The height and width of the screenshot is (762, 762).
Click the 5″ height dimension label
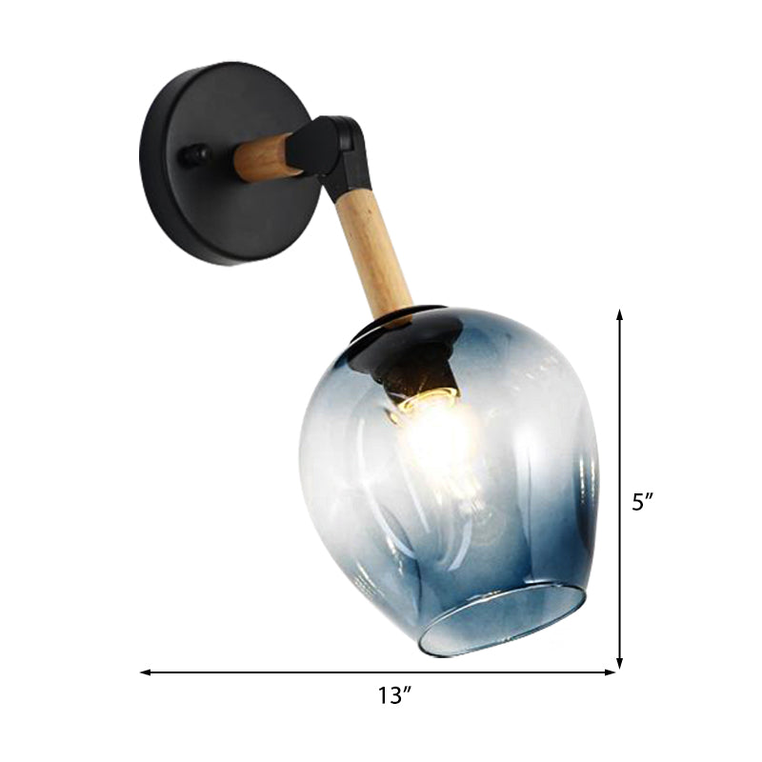coord(645,502)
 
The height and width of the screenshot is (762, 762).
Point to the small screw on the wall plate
coord(196,153)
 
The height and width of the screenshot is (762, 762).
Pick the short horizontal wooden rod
coord(270,158)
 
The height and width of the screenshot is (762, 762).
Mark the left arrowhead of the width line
coord(146,672)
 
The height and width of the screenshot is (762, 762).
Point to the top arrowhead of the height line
coord(620,315)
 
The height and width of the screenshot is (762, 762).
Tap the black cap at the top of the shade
coord(400,329)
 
